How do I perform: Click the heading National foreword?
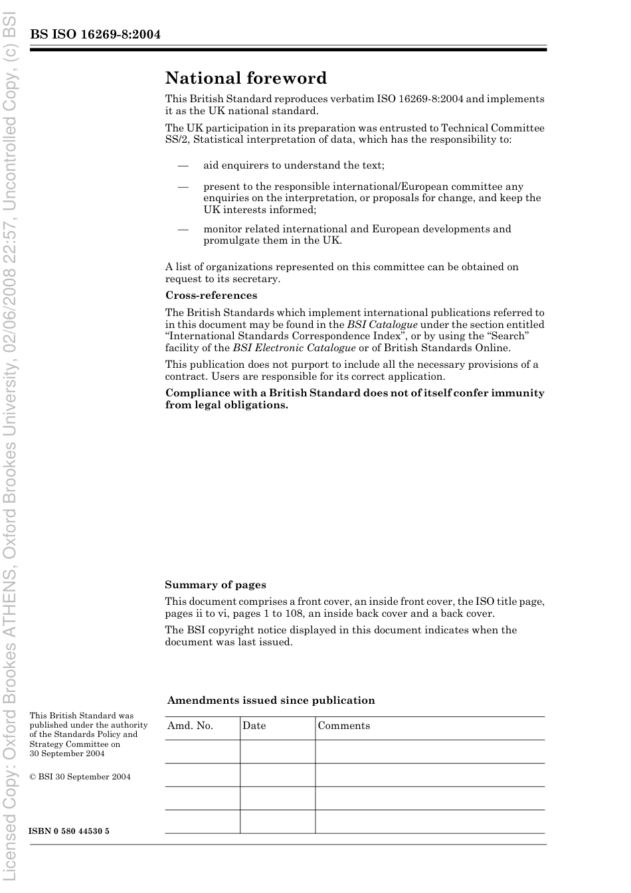[246, 78]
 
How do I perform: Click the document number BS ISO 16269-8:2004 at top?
[95, 35]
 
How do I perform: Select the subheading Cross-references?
[211, 295]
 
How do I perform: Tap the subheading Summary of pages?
[215, 585]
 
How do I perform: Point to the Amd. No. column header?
[190, 726]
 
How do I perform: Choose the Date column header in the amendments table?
[254, 726]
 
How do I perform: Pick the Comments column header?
[343, 726]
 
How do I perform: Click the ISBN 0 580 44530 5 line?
[69, 831]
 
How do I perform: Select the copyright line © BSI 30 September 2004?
[80, 777]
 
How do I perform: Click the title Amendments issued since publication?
[270, 700]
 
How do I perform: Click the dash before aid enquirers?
[183, 165]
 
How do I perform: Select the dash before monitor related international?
[183, 229]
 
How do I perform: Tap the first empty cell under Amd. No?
[202, 752]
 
